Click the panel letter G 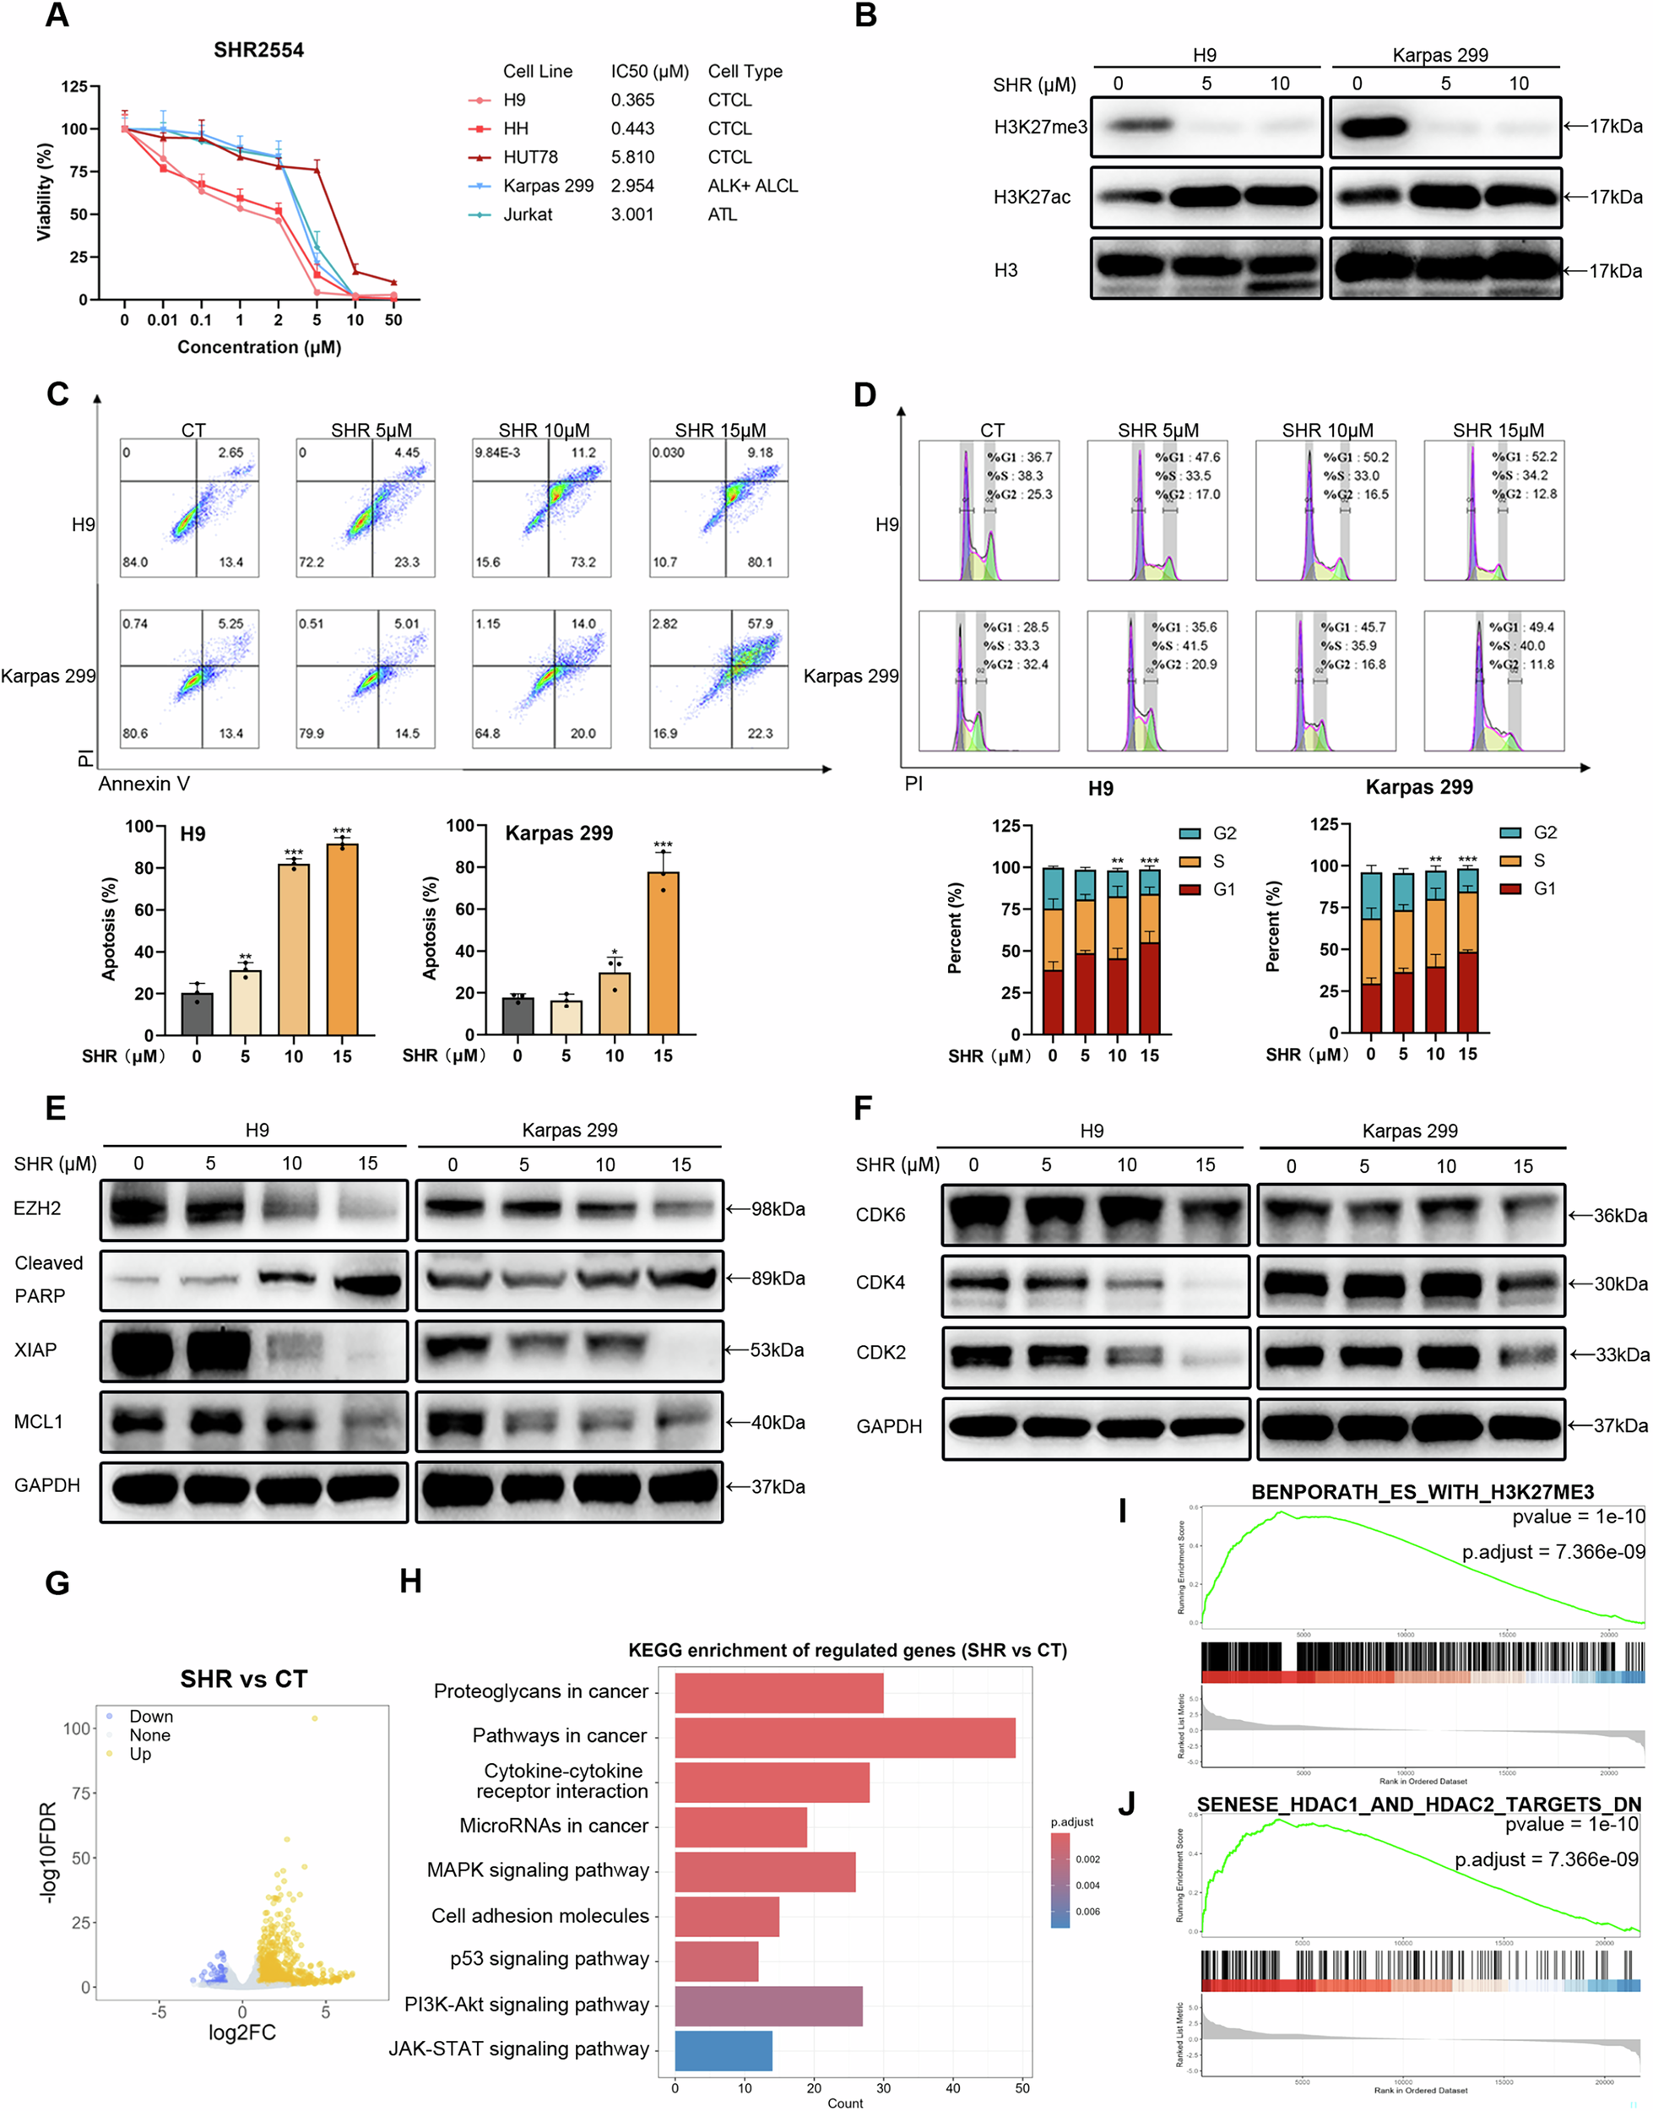[x=57, y=1583]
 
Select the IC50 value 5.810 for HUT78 [x=632, y=157]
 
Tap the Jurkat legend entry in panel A [x=528, y=214]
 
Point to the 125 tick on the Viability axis [x=74, y=86]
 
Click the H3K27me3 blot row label [x=1040, y=127]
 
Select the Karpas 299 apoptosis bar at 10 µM [x=615, y=1003]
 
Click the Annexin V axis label [x=144, y=783]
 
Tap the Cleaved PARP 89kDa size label [x=778, y=1278]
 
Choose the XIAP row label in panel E [x=35, y=1349]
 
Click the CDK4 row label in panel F [x=881, y=1283]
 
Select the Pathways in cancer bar [x=844, y=1738]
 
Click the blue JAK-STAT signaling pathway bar [x=723, y=2050]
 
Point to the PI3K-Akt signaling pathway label [x=527, y=2004]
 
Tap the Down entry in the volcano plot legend [x=151, y=1716]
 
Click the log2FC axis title [x=242, y=2032]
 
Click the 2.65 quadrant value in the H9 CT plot [x=230, y=452]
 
